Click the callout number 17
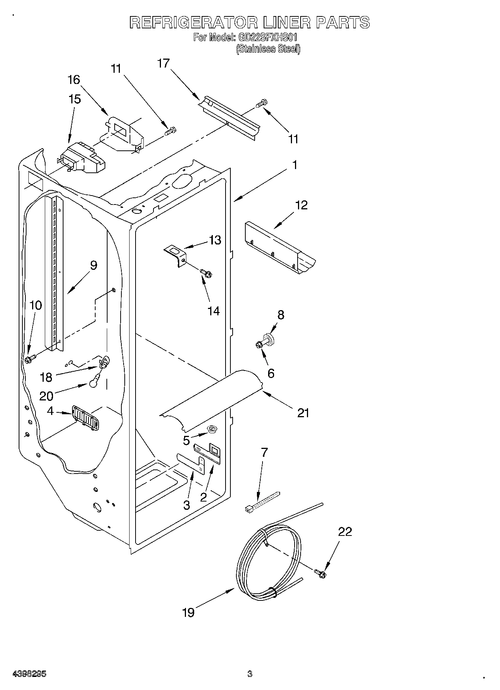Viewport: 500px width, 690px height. [163, 63]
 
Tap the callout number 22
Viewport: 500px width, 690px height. [345, 532]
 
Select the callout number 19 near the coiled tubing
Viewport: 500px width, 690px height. [189, 612]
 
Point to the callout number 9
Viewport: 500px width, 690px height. [93, 265]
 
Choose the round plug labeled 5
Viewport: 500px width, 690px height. [214, 429]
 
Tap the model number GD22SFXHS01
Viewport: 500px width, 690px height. [266, 38]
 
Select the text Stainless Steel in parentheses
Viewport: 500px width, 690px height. [268, 49]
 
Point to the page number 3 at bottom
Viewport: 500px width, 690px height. [249, 674]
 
